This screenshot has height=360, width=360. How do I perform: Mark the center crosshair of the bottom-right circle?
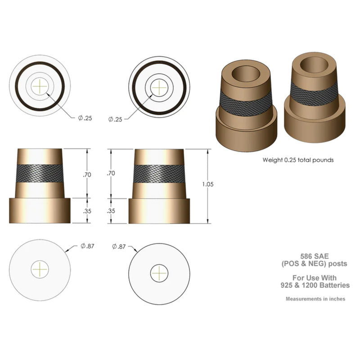[x=158, y=273]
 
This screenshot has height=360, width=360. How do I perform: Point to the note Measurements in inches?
[x=315, y=299]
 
